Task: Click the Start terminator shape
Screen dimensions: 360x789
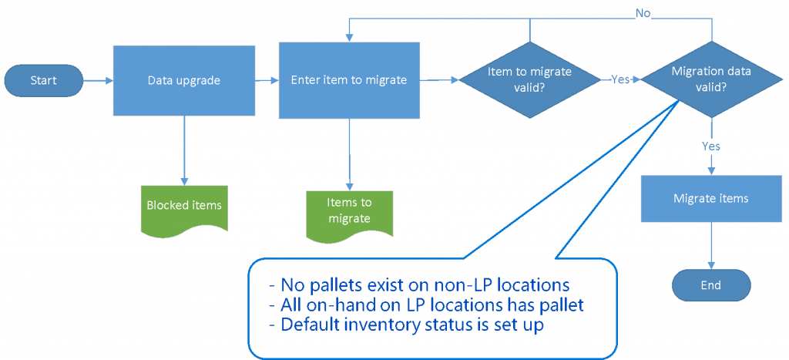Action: pos(42,80)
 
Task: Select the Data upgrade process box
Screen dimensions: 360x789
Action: pos(184,79)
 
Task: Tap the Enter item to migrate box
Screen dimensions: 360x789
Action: pos(348,80)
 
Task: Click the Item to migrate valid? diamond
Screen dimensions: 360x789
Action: pos(530,79)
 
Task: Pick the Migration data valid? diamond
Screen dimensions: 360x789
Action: pos(710,79)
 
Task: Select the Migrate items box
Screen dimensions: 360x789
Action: pos(710,199)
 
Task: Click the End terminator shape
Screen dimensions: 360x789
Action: pos(710,285)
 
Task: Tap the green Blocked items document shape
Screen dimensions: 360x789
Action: pos(184,207)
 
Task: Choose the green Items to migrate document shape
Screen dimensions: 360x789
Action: pos(349,210)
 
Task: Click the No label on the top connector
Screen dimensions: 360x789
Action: pos(643,13)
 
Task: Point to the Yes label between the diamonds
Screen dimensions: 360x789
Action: pos(620,79)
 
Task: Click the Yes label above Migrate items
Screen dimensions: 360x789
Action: pos(711,146)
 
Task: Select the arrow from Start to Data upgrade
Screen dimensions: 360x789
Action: pos(97,80)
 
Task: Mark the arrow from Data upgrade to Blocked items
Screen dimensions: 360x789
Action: pos(185,150)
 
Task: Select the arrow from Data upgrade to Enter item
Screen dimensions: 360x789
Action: pos(267,80)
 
